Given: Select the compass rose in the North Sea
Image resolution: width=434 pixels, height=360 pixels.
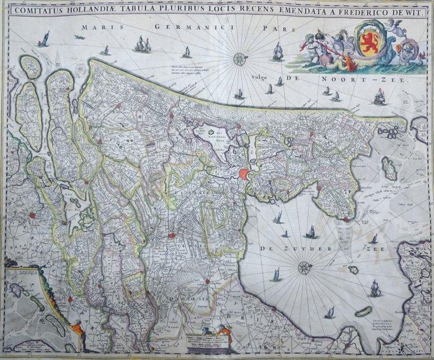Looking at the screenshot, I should (239, 60).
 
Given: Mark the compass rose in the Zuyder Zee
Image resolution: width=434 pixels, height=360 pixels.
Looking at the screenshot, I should (304, 268).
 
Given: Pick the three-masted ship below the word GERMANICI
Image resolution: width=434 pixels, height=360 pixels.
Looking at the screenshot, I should (143, 44).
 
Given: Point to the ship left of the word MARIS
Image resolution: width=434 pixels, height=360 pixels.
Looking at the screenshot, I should (43, 39).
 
